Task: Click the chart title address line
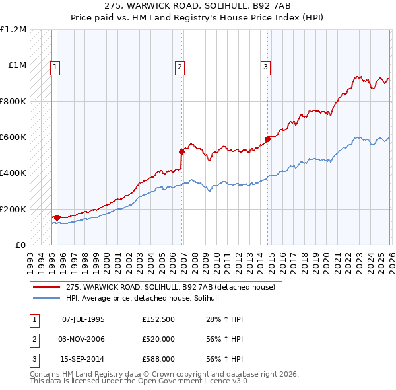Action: (198, 5)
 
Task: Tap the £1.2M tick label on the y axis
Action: (14, 30)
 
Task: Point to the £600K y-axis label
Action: (14, 137)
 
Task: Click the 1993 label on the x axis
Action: (30, 258)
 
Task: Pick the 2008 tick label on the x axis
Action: (193, 258)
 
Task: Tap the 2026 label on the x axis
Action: (389, 258)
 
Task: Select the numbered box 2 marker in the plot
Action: (180, 66)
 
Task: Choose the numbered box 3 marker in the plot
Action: (265, 66)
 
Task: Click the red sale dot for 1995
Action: (57, 217)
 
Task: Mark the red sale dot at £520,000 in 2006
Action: (181, 151)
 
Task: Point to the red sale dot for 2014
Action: (267, 139)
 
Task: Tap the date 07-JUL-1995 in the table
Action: (83, 319)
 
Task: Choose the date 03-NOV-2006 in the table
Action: (83, 339)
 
